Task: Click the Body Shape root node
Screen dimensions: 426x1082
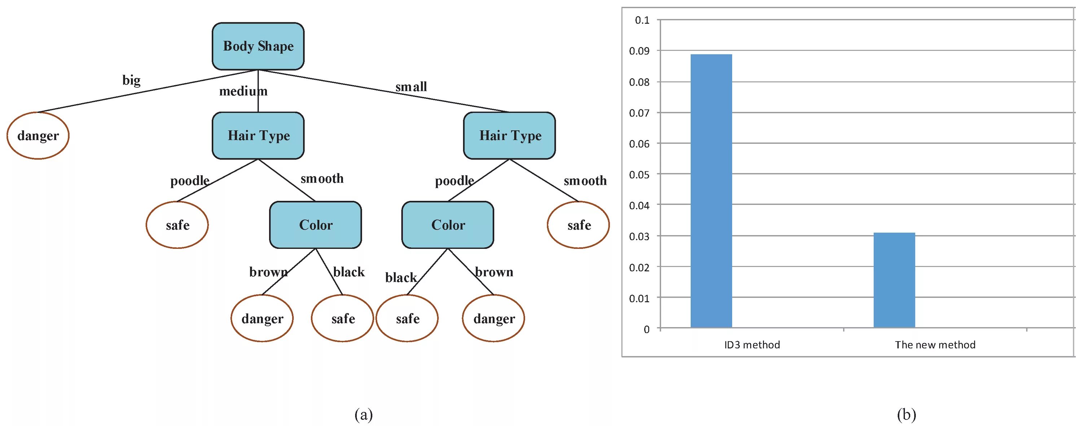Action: [258, 46]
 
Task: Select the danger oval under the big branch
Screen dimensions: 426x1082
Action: [38, 136]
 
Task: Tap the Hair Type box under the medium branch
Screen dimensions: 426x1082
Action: [258, 136]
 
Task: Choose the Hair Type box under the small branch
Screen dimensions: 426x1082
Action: [510, 136]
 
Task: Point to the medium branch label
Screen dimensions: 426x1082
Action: [243, 91]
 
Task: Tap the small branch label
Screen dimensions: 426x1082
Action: [411, 87]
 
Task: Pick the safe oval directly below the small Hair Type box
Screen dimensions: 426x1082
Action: [579, 225]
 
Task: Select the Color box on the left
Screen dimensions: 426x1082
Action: [316, 225]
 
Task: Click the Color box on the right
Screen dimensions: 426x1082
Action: [448, 225]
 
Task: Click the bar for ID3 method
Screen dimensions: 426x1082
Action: [711, 191]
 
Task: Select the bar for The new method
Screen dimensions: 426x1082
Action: [894, 280]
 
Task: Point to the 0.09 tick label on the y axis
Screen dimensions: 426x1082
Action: [639, 51]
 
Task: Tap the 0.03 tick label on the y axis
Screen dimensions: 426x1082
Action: [639, 237]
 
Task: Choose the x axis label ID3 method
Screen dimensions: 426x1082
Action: [752, 345]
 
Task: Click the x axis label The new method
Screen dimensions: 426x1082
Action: [935, 345]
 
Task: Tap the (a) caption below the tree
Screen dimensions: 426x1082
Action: [363, 415]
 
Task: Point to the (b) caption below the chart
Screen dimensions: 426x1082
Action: [906, 415]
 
